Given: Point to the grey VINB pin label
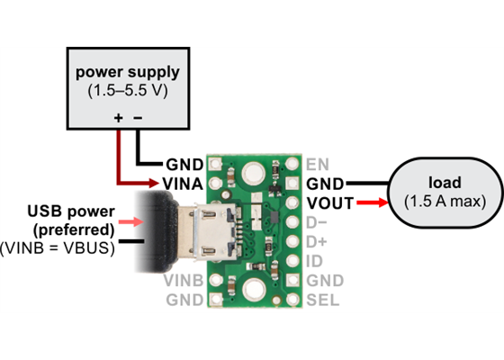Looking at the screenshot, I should coord(184,281).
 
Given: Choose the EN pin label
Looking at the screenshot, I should coord(318,165).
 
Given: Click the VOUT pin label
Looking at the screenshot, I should coord(328,203).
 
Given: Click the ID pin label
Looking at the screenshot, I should coord(314,261).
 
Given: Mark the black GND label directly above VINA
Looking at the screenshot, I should coord(184,165).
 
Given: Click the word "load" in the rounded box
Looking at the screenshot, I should coord(442,180).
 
